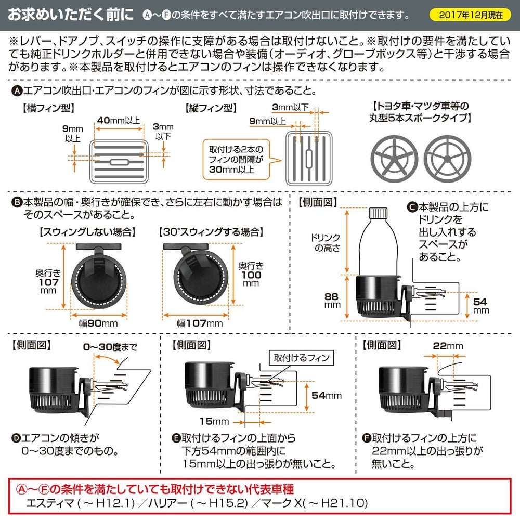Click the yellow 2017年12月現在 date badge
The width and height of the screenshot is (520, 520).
tap(470, 15)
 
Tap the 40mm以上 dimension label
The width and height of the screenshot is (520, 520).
tap(119, 121)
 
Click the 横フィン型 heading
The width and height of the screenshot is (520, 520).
tap(48, 108)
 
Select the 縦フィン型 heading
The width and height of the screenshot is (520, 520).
tap(211, 108)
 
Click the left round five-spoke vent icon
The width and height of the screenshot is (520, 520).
tap(394, 159)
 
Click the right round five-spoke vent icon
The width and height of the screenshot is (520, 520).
tap(447, 159)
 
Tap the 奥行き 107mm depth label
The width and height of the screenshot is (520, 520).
tap(48, 281)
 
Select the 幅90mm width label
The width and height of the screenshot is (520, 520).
tap(98, 323)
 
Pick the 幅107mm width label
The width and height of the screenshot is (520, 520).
tap(200, 323)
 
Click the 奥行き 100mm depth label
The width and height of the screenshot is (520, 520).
tap(251, 274)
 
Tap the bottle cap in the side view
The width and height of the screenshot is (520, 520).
tap(378, 213)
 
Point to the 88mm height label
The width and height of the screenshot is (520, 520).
tap(332, 301)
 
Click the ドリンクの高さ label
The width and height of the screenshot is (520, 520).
tap(326, 243)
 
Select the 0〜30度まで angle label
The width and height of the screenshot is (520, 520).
tap(110, 347)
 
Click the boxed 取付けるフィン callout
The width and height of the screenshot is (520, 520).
tap(302, 358)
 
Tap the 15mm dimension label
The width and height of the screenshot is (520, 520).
tap(214, 421)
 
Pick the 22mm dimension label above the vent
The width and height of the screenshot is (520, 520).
tap(448, 346)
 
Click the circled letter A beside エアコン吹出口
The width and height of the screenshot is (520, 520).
tap(17, 91)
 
